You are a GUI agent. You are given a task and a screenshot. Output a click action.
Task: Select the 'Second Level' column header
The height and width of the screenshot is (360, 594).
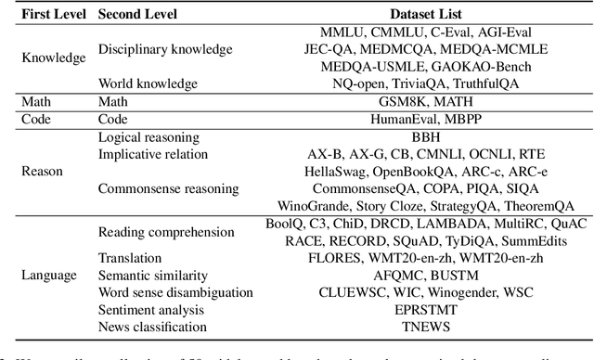(139, 14)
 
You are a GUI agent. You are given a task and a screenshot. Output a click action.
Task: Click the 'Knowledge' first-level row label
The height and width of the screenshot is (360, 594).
(54, 58)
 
